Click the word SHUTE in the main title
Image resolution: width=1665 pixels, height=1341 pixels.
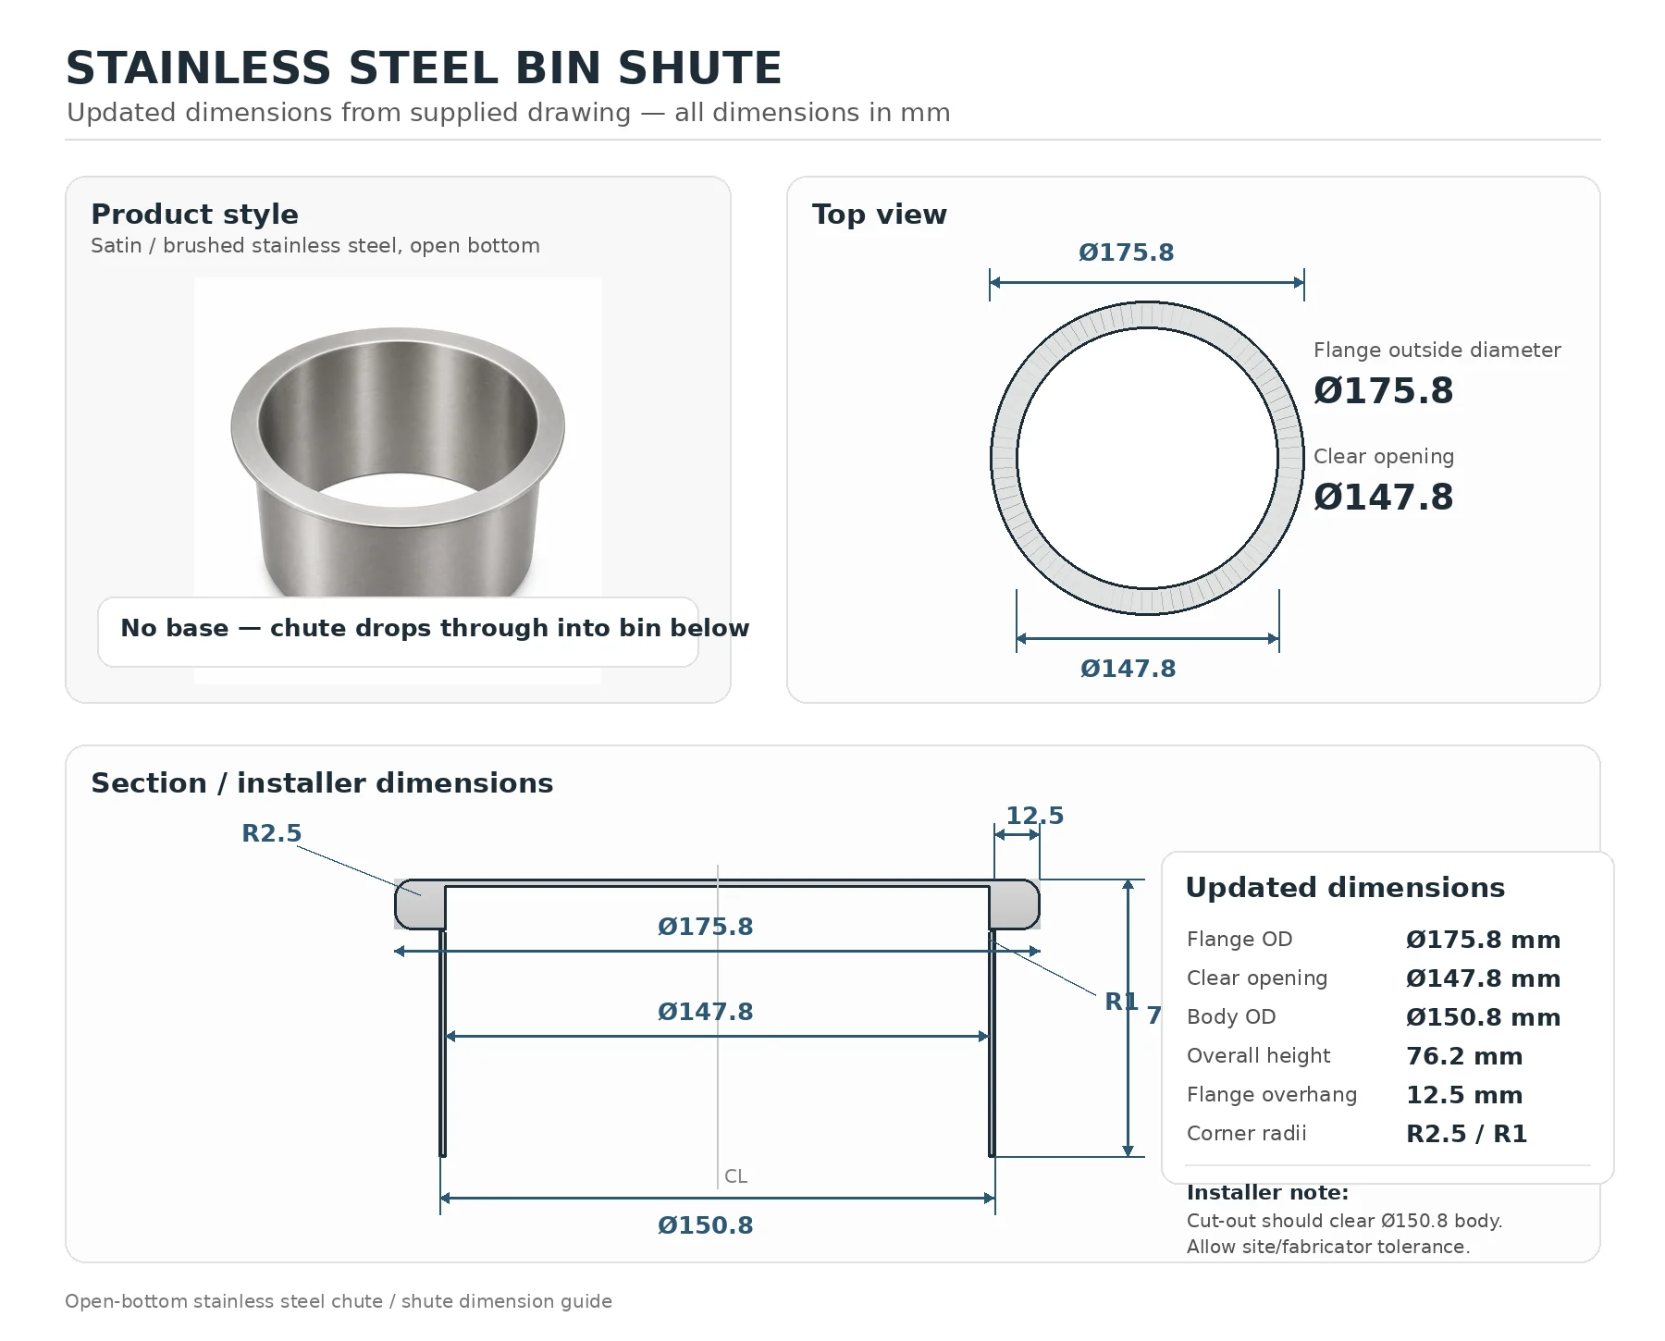[x=699, y=68]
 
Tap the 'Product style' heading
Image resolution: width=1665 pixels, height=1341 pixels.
[x=194, y=215]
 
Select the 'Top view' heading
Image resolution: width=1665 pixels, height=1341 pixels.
[x=880, y=215]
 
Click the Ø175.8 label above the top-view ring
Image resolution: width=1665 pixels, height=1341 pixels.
[x=1126, y=252]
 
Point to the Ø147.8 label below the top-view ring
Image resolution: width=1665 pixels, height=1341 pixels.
[x=1128, y=669]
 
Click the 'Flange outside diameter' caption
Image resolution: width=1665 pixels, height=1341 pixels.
[x=1437, y=351]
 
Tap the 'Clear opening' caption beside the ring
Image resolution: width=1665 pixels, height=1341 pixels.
[x=1384, y=457]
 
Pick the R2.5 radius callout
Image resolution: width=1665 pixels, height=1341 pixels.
[x=271, y=833]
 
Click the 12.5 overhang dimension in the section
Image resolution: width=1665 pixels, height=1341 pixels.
[x=1034, y=816]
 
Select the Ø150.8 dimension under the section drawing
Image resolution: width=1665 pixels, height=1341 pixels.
[x=705, y=1225]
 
